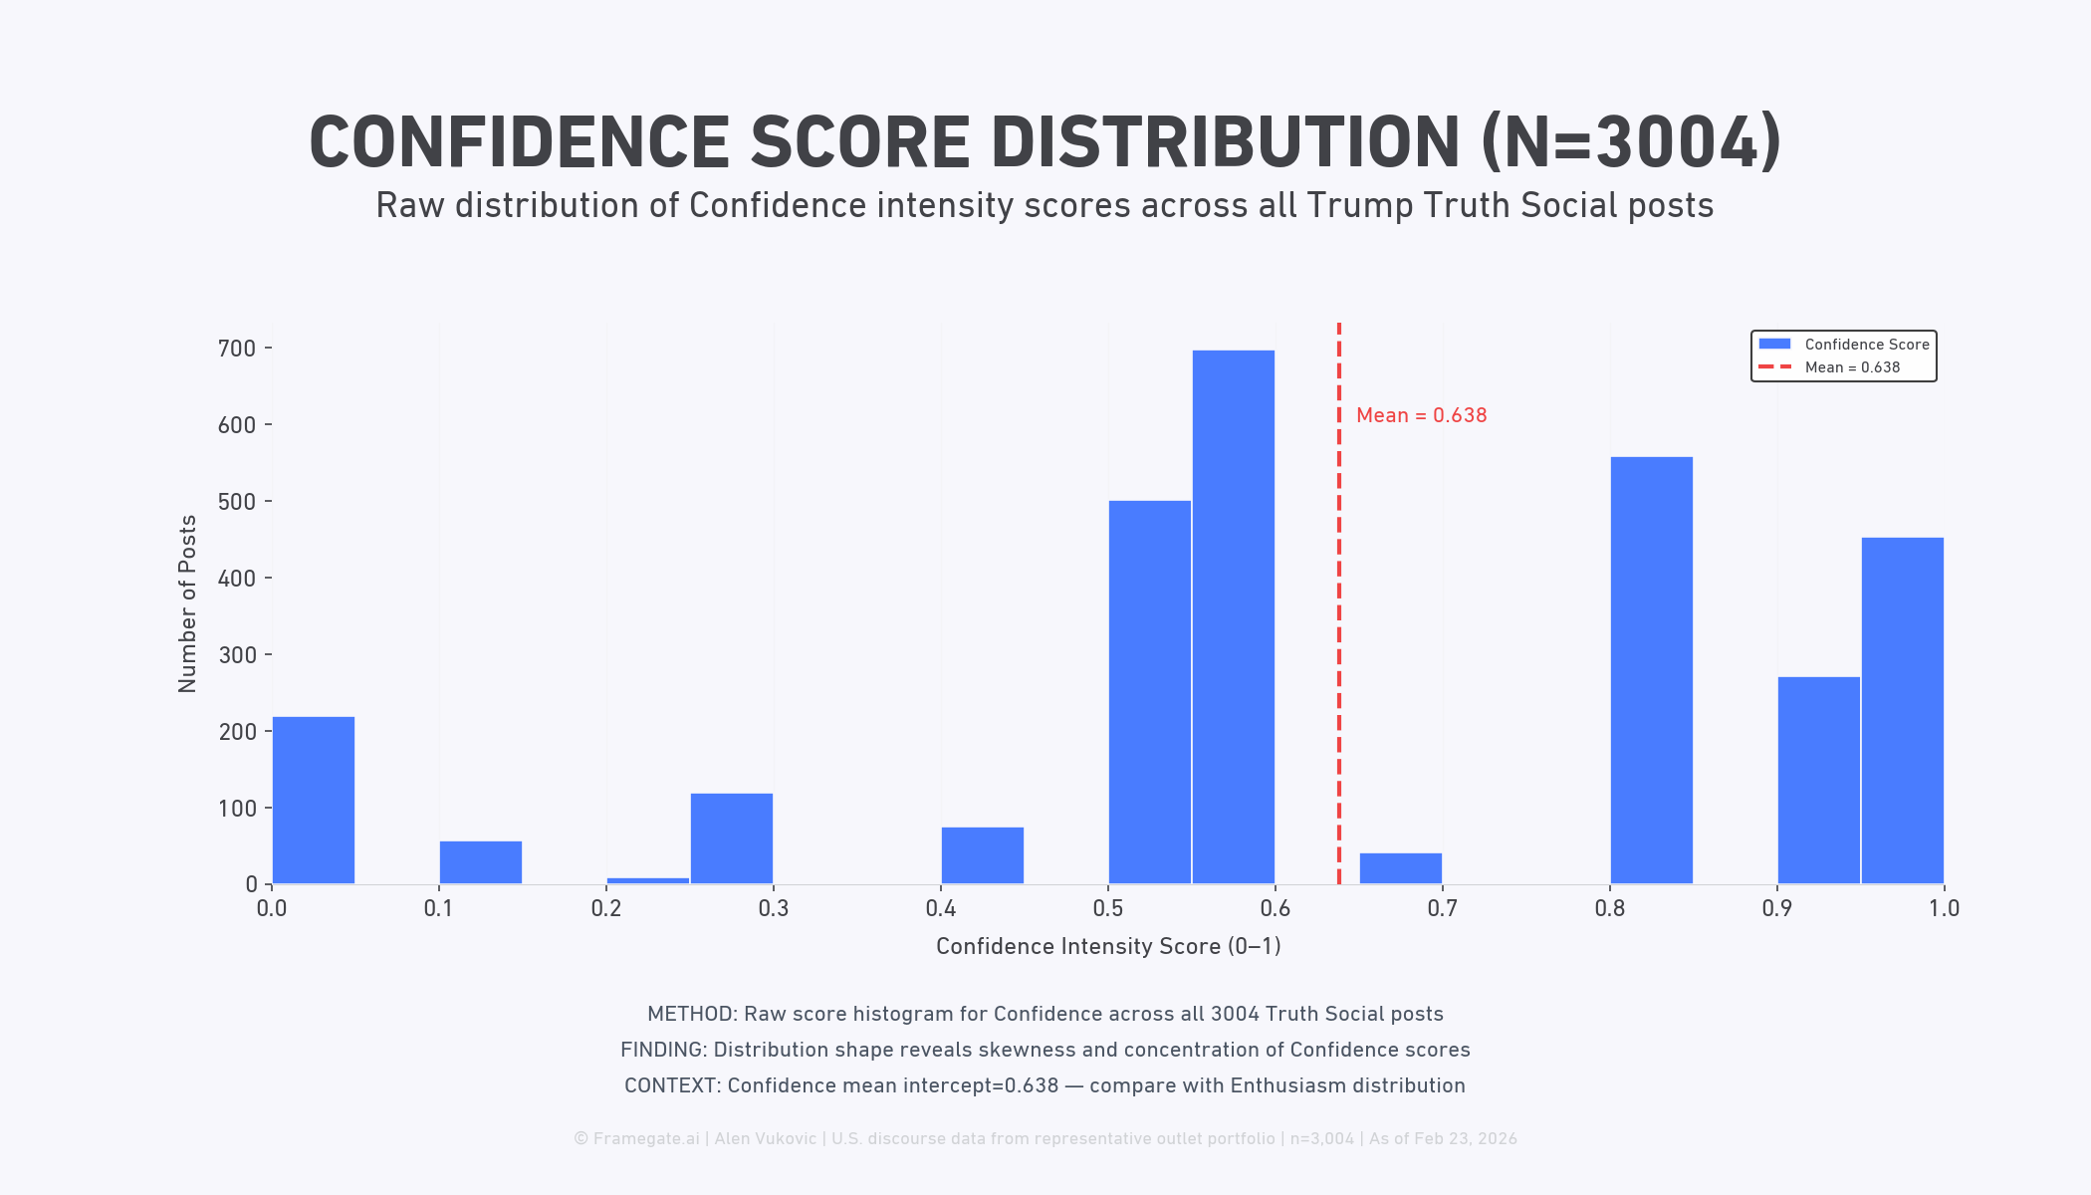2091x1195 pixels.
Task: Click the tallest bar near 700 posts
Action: (1233, 617)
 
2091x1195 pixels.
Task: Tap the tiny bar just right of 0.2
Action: (647, 880)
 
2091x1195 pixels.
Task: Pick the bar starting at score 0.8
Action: (1651, 670)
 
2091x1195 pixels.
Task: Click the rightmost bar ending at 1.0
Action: (1902, 710)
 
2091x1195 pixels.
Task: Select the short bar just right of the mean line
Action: (1400, 868)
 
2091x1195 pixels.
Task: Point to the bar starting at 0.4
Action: (982, 855)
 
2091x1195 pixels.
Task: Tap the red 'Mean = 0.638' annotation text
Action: (1421, 415)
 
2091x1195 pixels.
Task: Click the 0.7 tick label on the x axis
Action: (1442, 908)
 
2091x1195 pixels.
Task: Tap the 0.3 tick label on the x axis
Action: (773, 908)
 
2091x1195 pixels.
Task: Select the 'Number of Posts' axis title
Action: (187, 603)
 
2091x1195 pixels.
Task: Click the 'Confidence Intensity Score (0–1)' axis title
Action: (1107, 946)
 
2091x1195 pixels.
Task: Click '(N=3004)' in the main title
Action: (1631, 142)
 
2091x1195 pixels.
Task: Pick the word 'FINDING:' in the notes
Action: (663, 1050)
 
